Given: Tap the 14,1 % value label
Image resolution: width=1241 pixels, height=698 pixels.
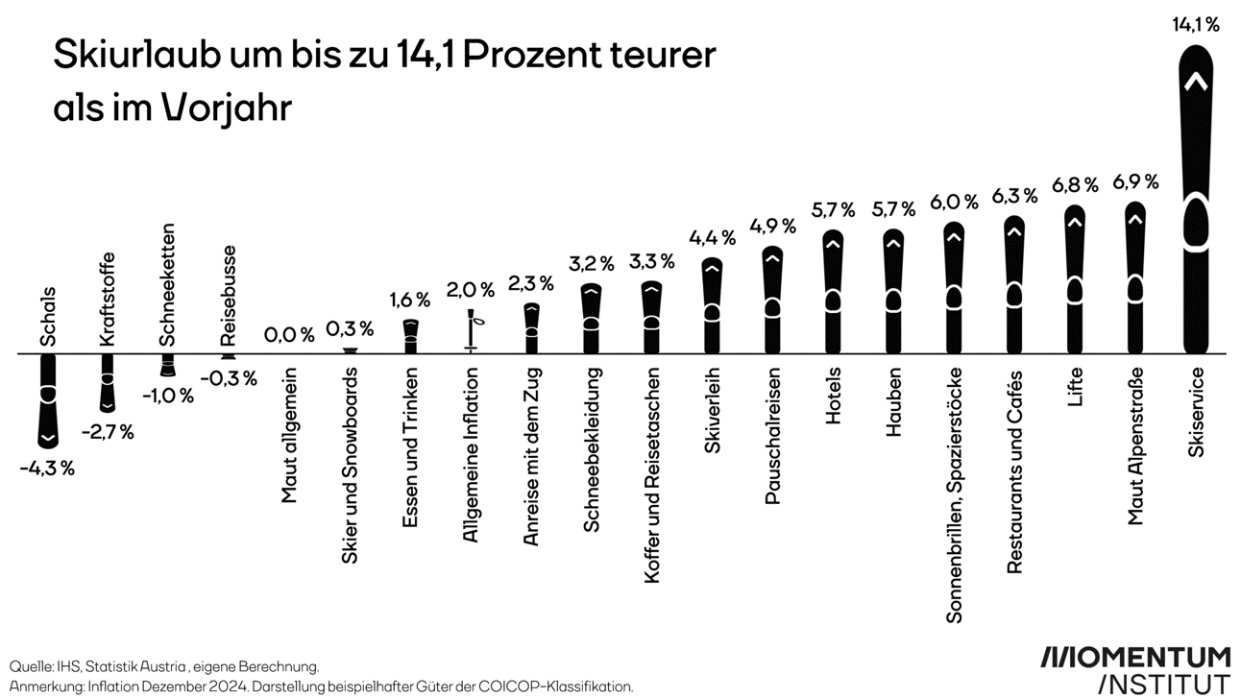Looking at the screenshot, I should (x=1195, y=26).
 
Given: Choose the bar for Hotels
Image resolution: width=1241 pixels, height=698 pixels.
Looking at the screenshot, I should (x=833, y=292).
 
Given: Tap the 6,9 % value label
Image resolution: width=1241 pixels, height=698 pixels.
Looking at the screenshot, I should (x=1135, y=181).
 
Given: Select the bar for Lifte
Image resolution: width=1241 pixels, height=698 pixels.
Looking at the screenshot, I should (x=1075, y=279).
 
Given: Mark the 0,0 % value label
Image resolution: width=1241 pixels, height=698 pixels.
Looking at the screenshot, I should (x=289, y=335).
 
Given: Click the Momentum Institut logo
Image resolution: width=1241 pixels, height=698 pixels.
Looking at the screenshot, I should (x=1135, y=669).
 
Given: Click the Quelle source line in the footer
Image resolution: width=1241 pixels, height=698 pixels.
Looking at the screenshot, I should (x=164, y=665).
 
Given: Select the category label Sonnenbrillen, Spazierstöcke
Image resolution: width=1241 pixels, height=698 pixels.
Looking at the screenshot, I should (x=954, y=494).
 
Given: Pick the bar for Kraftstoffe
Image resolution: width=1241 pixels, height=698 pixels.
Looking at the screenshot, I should (x=108, y=380).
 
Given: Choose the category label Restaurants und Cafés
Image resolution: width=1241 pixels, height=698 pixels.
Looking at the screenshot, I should (x=1014, y=470).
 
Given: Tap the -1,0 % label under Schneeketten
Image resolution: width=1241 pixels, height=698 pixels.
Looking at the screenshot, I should (x=167, y=396).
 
